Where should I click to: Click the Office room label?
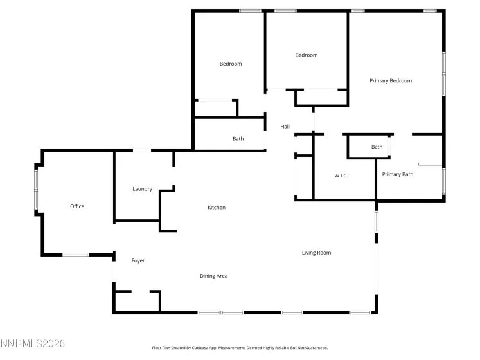point(77,206)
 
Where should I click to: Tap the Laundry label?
point(142,189)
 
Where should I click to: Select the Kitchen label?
point(217,208)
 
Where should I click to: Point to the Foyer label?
point(138,261)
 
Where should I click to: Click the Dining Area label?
point(214,276)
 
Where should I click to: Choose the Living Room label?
point(316,253)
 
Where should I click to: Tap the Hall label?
point(285,127)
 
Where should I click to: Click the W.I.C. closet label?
point(341,175)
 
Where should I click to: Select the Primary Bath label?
point(398,174)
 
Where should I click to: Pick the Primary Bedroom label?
point(391,81)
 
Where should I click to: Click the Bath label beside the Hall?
point(238,139)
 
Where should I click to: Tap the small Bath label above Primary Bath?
point(377,147)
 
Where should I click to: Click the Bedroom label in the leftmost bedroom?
point(231,64)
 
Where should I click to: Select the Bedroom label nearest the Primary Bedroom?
point(307,55)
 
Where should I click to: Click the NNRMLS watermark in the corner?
point(33,344)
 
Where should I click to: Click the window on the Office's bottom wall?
point(75,255)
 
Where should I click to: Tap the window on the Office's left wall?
point(36,188)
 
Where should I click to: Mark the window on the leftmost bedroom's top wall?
point(250,10)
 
